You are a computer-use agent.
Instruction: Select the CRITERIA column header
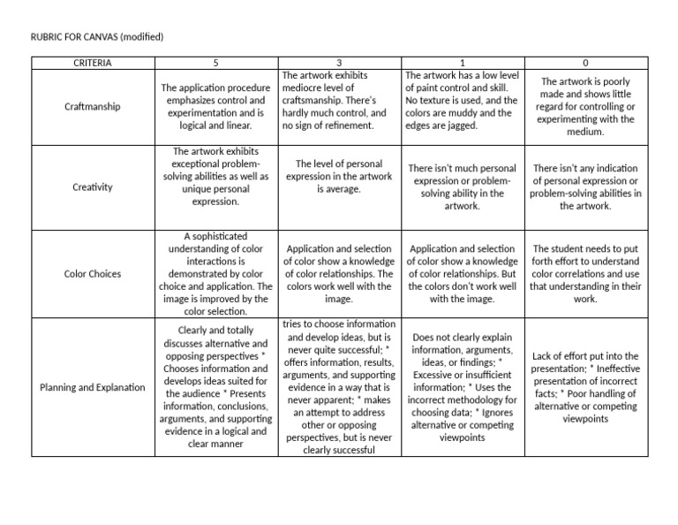click(93, 63)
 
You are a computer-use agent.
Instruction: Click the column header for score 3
click(340, 63)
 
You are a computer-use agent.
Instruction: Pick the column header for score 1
click(463, 63)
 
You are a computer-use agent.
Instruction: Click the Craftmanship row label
click(93, 107)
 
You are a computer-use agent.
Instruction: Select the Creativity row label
click(93, 187)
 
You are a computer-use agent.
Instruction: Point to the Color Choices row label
click(93, 274)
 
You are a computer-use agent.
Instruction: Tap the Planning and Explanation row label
click(93, 387)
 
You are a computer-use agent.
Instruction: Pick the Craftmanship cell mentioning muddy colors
click(463, 101)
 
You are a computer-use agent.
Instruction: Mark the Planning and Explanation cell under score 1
click(463, 387)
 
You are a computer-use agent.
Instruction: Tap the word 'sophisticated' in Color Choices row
click(215, 237)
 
